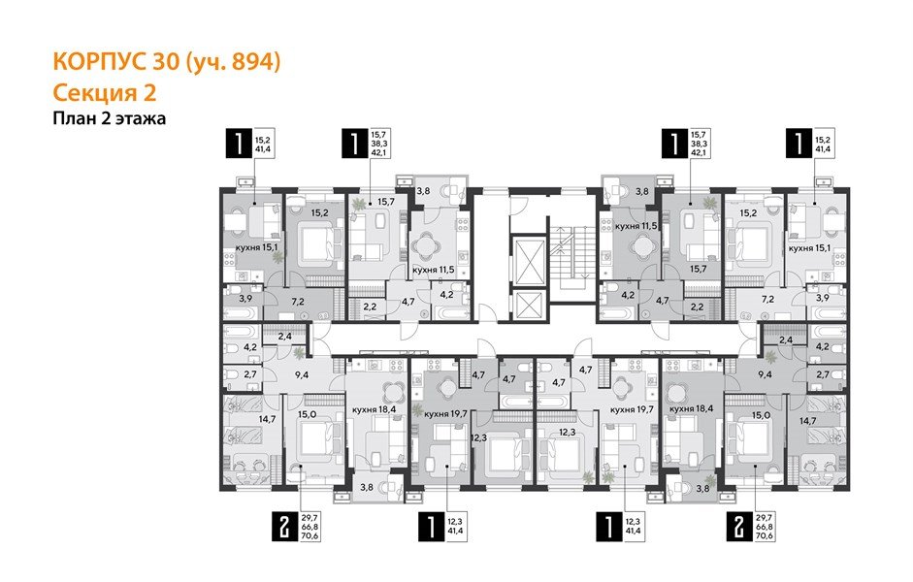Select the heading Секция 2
(103, 92)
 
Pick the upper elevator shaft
(525, 256)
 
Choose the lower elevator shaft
(525, 307)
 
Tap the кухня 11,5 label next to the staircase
(636, 226)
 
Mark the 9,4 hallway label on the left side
(302, 372)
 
